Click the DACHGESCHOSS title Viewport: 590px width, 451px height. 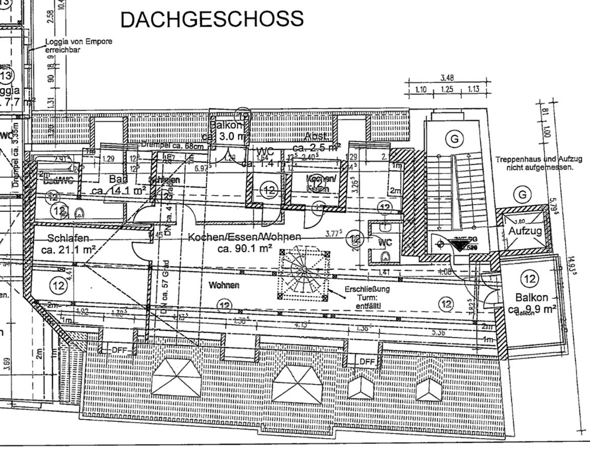(212, 19)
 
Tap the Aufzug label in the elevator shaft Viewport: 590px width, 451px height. (525, 231)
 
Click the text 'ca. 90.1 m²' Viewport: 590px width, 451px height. (245, 249)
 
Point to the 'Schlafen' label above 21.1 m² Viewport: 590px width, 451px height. (68, 238)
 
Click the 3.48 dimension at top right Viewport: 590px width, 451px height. (447, 78)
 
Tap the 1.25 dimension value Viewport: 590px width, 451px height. (447, 90)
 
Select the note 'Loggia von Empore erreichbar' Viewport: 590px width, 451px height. (79, 45)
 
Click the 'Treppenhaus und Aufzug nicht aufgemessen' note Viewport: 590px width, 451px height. (539, 163)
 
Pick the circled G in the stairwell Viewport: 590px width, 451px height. (454, 139)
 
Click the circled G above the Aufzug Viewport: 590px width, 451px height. (522, 195)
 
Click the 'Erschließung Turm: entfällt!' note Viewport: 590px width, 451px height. (367, 297)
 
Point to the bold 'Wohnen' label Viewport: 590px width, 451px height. (224, 285)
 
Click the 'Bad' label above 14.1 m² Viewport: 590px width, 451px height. (118, 179)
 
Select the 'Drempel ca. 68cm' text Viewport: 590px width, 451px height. (172, 145)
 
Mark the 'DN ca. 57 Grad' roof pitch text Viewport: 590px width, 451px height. (166, 287)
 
